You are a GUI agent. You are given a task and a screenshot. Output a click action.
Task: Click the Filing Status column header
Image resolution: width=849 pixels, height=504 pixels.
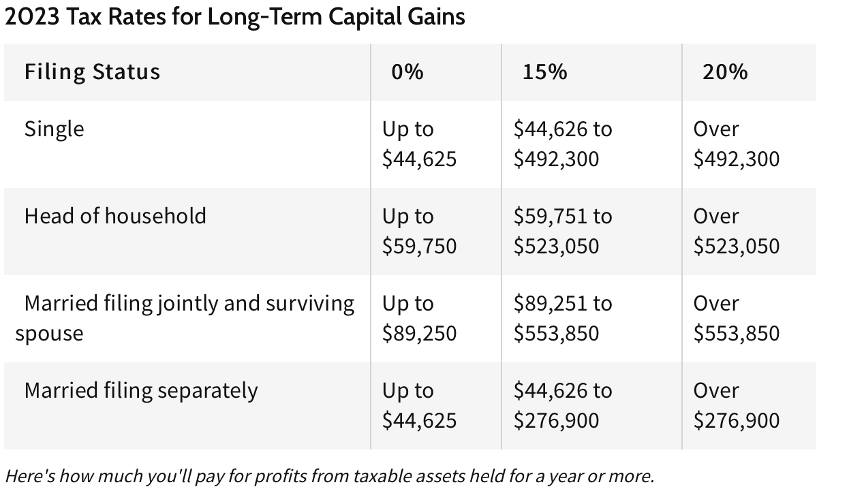tap(92, 72)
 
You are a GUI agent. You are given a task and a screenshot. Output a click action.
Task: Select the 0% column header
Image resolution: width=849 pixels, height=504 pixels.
tap(407, 72)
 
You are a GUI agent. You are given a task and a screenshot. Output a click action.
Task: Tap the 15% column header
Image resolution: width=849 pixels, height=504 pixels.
tap(544, 72)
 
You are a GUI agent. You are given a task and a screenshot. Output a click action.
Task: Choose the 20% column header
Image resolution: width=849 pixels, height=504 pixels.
tap(725, 72)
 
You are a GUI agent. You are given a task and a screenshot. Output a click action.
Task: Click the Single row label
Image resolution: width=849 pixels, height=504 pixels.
tap(55, 129)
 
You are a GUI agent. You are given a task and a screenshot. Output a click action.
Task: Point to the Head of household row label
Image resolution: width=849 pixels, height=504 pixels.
tap(115, 216)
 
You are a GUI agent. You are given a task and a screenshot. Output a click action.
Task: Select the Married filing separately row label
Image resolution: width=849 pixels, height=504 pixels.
tap(141, 390)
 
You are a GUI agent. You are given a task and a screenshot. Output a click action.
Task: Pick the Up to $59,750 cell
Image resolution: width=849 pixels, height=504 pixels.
tap(419, 231)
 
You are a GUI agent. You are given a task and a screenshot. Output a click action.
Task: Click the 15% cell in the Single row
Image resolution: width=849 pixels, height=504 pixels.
tap(563, 144)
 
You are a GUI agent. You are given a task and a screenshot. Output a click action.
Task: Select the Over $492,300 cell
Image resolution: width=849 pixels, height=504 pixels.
tap(736, 144)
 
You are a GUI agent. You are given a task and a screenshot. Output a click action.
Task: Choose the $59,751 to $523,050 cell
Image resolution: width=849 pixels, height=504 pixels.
tap(563, 231)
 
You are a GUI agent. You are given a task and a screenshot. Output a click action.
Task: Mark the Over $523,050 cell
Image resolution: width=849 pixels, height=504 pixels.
tap(736, 231)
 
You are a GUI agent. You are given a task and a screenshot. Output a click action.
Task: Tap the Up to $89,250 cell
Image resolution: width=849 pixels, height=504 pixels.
tap(419, 318)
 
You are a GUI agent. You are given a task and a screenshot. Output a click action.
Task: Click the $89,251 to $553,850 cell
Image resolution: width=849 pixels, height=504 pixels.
tap(563, 318)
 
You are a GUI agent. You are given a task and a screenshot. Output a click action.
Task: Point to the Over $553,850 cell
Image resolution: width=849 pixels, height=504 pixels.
tap(736, 318)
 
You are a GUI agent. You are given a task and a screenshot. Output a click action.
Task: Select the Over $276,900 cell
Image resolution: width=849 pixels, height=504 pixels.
tap(736, 405)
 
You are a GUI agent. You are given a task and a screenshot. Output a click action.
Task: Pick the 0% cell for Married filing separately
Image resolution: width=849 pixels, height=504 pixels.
tap(419, 405)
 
